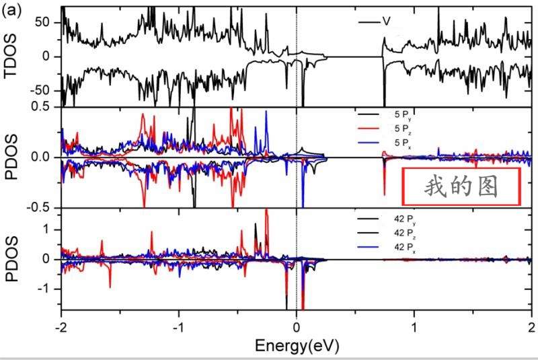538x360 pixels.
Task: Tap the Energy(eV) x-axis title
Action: [x=296, y=346]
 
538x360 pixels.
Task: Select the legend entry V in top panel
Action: [x=386, y=22]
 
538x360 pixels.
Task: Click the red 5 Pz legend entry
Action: [x=403, y=128]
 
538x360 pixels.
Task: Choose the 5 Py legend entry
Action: [x=403, y=114]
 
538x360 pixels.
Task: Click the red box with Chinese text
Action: [x=461, y=186]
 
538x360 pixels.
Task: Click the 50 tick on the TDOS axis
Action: [x=42, y=22]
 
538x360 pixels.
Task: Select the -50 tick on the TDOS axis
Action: [x=40, y=90]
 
